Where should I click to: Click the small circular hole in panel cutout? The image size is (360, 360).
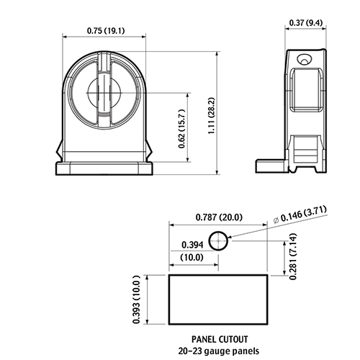218,240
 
